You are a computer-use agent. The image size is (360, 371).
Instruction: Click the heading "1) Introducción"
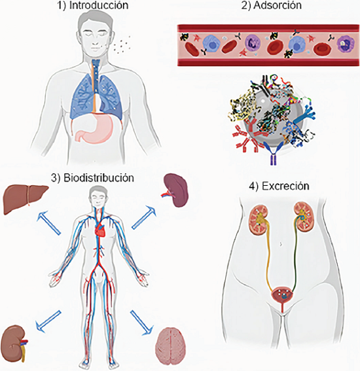coord(93,5)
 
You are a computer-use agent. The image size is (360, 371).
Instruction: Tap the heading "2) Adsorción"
coord(272,5)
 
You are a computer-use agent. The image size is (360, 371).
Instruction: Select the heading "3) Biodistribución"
coord(92,178)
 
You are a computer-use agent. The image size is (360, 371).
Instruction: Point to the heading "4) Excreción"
coord(279,186)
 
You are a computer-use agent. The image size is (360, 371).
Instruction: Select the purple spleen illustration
coord(176,190)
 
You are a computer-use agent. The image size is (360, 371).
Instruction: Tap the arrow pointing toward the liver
coord(48,222)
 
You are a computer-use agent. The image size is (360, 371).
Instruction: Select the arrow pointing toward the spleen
coord(144,217)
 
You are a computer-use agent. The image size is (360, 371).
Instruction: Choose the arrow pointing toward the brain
coord(142,323)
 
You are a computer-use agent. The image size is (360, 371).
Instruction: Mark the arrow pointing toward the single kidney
coord(48,321)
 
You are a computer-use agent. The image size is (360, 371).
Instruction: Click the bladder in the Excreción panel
coord(282,295)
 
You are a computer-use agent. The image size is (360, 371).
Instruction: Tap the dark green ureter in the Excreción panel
coord(295,256)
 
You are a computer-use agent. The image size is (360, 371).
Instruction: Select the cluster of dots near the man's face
coord(122,45)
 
